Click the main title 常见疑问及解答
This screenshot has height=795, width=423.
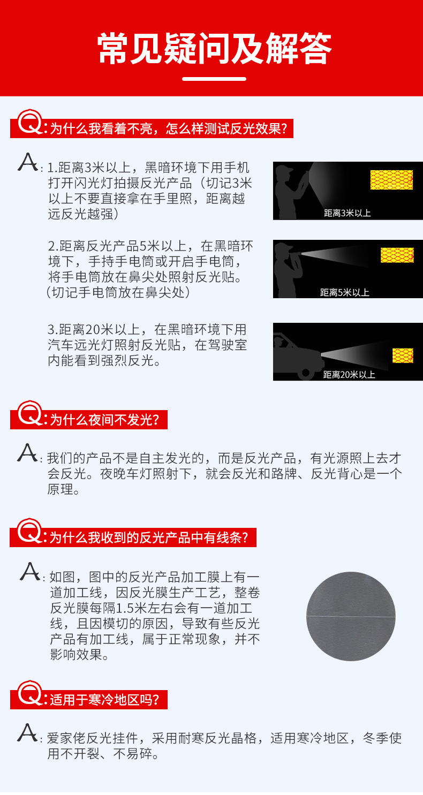[x=214, y=49]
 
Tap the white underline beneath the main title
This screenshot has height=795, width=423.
[x=214, y=79]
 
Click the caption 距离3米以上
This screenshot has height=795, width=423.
[x=347, y=213]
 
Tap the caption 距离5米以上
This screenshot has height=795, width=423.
[x=344, y=292]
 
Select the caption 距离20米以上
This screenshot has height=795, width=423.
[x=349, y=374]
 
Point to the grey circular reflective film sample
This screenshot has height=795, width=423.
[x=351, y=616]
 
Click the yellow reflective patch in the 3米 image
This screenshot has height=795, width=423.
[x=391, y=180]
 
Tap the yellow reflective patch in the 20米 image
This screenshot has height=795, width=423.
[x=402, y=355]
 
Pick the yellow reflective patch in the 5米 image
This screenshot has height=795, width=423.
[x=397, y=255]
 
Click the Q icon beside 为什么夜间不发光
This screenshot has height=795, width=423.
[x=29, y=414]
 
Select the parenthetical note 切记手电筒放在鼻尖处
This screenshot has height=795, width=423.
[x=118, y=293]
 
